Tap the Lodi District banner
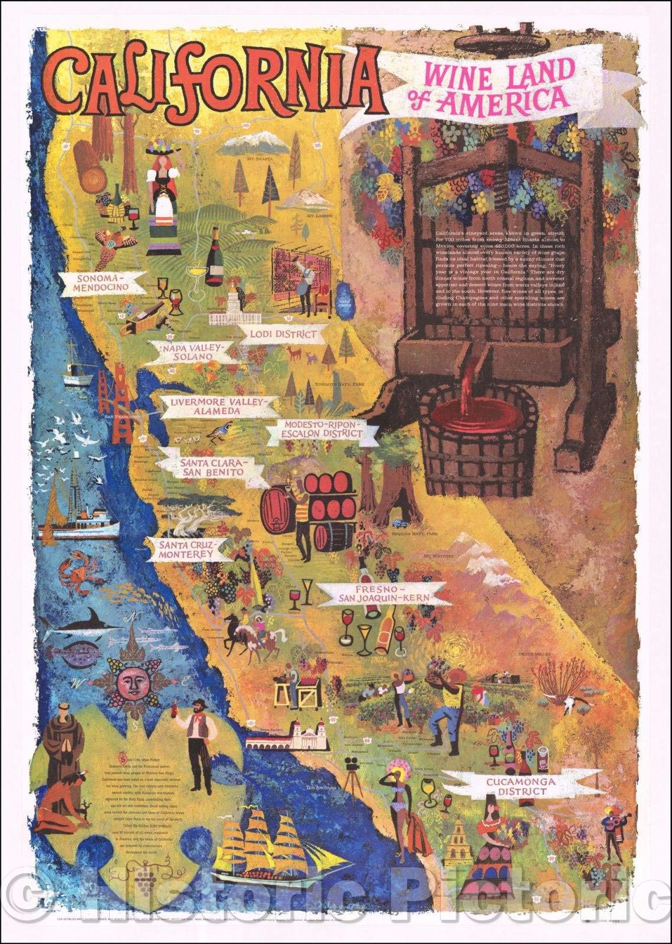point(280,335)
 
